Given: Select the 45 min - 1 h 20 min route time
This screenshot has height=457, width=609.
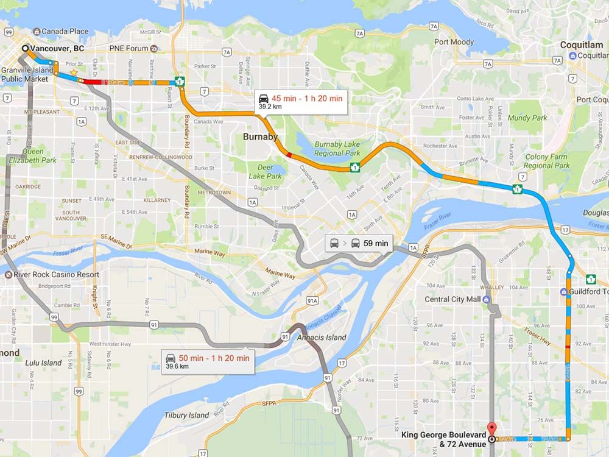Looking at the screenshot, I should (x=307, y=99).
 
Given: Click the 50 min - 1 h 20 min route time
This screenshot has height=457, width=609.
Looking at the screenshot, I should (x=214, y=358).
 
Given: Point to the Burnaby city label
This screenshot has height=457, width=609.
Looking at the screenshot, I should (x=260, y=136).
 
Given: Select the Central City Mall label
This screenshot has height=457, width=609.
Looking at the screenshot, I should (x=452, y=299).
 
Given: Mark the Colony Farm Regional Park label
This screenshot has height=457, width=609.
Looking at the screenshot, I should (x=546, y=161).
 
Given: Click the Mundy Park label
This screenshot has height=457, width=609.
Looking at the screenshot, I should (x=527, y=118).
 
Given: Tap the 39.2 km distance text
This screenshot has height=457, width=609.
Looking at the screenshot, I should (x=270, y=107).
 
